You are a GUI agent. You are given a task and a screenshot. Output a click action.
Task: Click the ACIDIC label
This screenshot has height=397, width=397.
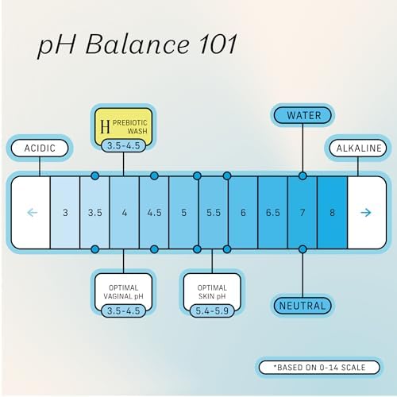pos(40,148)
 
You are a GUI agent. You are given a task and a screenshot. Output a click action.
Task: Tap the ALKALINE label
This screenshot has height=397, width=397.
pos(358,148)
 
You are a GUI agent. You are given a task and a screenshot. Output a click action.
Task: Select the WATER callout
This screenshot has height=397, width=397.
pos(303,116)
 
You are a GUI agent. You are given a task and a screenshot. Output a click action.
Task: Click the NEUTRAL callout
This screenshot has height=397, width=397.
pos(303,306)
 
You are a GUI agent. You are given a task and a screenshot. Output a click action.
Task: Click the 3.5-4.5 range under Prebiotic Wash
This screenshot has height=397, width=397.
pos(123,145)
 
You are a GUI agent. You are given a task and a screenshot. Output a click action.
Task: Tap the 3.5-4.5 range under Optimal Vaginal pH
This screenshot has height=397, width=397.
pos(123,310)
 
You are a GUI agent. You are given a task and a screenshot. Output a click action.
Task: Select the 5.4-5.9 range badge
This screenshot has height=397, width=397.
pos(212,310)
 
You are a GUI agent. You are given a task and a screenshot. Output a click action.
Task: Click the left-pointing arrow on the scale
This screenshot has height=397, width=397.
pos(33,213)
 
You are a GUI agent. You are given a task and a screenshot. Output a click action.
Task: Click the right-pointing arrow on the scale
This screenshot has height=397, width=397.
pos(366,213)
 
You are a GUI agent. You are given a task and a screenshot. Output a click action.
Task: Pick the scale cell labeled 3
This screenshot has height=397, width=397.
pos(65,213)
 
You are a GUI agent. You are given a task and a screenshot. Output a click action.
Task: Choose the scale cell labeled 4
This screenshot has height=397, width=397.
pos(125,213)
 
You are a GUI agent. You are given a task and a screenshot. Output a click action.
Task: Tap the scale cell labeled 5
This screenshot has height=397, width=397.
pos(183,213)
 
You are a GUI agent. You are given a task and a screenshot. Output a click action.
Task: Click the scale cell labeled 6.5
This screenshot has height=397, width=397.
pos(272,213)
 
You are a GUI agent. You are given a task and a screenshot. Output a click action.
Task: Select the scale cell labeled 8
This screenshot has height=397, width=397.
pos(332,213)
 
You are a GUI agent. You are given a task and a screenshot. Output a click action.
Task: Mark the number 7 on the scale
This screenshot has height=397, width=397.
pos(303,213)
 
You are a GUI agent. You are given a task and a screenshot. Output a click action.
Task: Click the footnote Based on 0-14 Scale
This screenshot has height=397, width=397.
pos(319,368)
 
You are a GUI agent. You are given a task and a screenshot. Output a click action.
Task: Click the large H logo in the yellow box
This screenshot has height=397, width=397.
pos(105,126)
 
